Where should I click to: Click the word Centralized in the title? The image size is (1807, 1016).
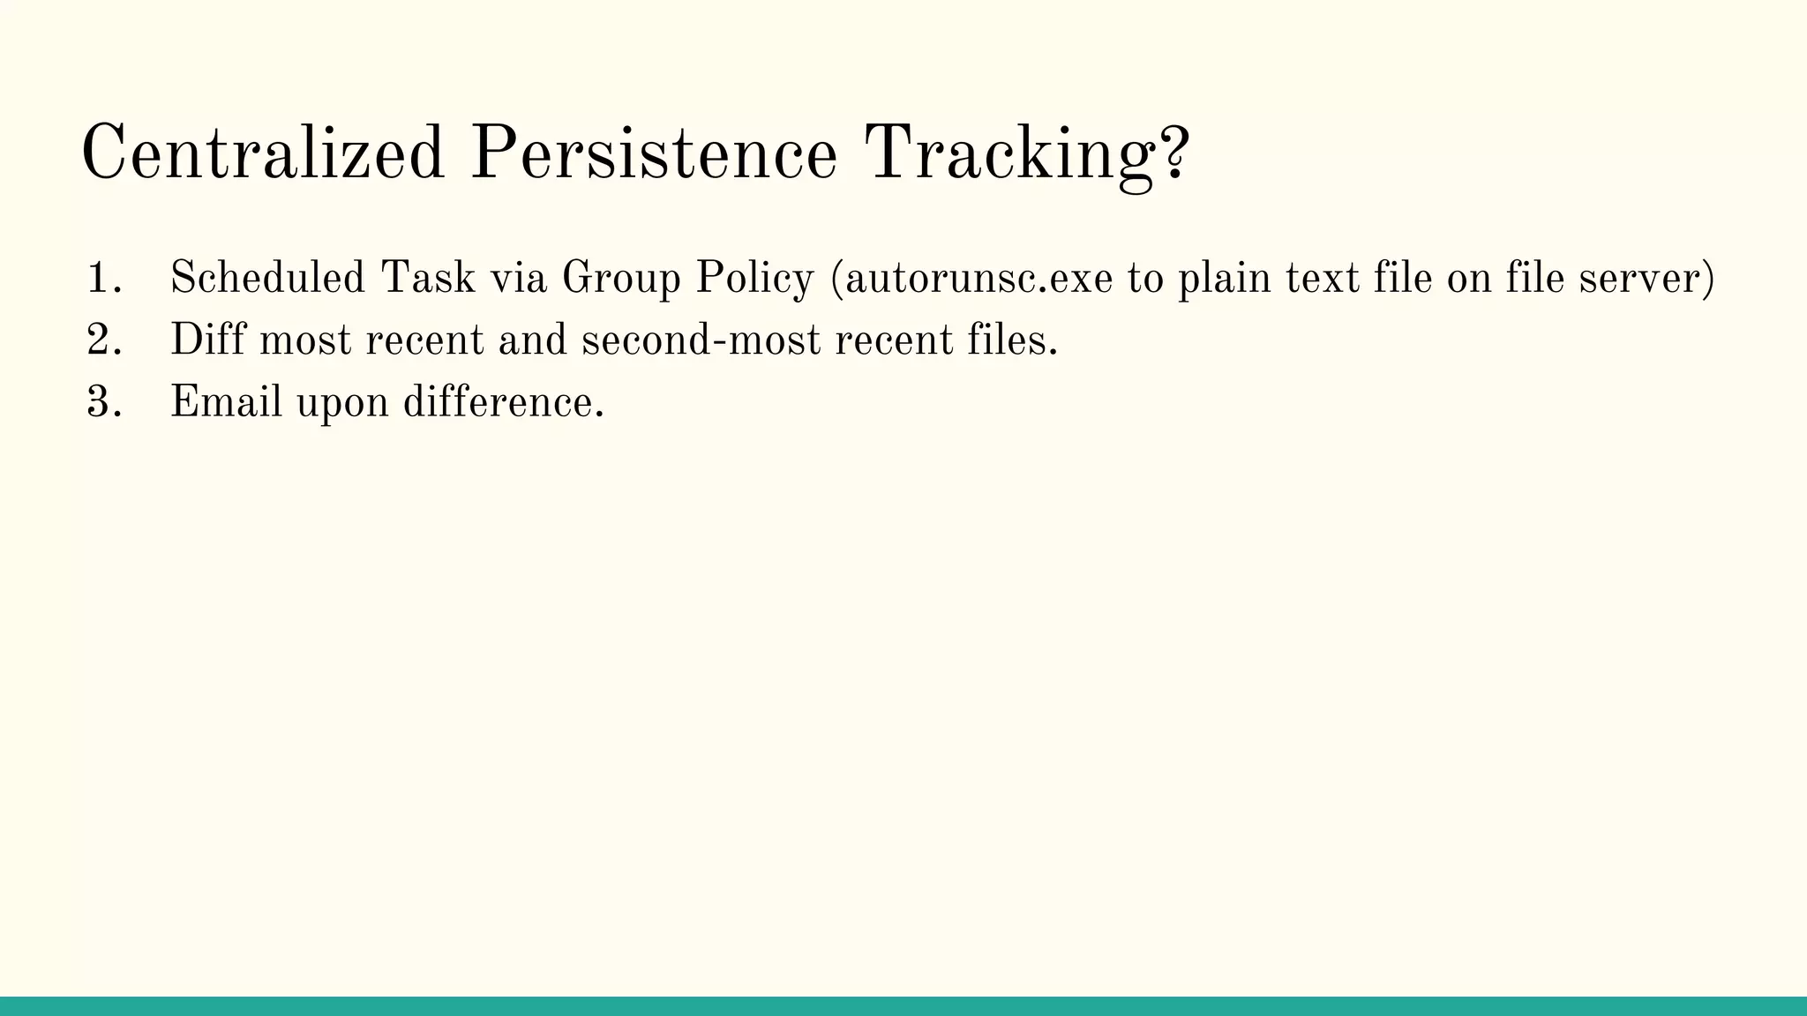click(x=262, y=153)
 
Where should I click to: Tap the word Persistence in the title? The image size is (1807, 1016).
click(x=653, y=153)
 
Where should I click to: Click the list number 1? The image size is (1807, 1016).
click(x=101, y=279)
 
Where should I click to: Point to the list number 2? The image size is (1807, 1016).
click(x=101, y=340)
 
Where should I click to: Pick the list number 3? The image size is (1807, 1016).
click(x=101, y=403)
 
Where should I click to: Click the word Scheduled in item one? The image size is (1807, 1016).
click(x=266, y=278)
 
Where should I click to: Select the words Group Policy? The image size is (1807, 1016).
click(x=687, y=280)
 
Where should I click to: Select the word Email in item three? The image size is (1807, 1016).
click(x=226, y=402)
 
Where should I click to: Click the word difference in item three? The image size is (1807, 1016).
click(x=501, y=402)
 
